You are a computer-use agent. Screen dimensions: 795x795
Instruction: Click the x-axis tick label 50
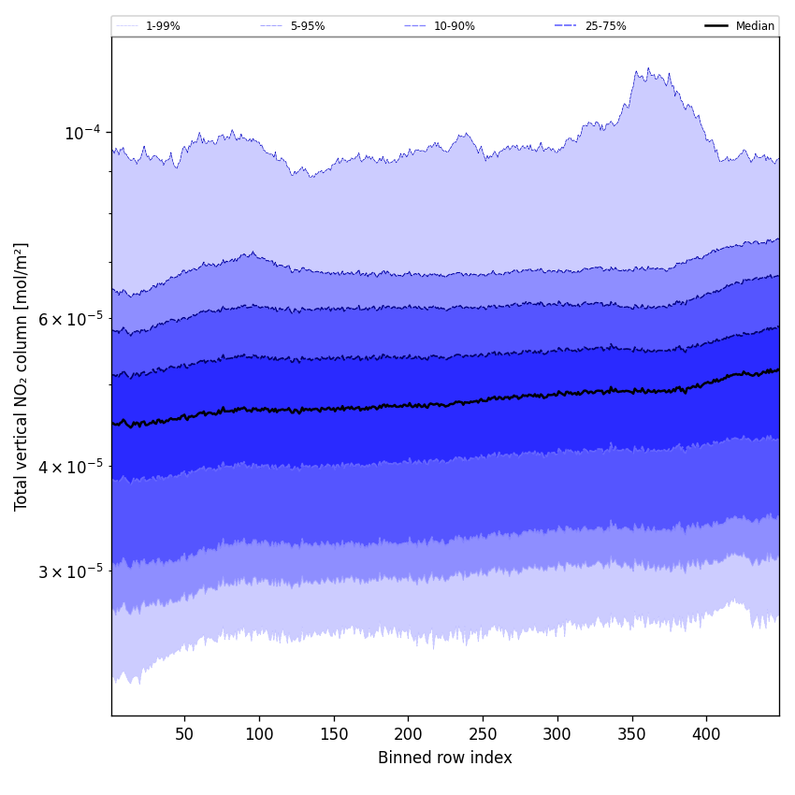tap(185, 734)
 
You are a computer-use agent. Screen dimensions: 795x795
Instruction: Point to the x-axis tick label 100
tap(259, 734)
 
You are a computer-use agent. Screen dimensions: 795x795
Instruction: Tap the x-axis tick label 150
tap(334, 734)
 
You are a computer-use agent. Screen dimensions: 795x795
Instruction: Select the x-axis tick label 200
tap(408, 734)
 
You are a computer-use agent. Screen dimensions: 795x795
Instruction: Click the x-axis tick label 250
tap(483, 734)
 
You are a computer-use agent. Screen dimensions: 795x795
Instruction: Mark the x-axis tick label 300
tap(557, 734)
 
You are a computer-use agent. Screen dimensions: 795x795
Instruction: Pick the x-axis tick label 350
tap(632, 734)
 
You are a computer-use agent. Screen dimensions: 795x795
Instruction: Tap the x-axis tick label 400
tap(706, 734)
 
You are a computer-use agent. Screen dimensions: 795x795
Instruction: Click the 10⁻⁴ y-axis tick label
tap(82, 133)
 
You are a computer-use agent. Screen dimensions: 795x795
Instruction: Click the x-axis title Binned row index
tap(445, 758)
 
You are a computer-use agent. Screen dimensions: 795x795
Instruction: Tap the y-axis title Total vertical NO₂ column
tap(22, 376)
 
